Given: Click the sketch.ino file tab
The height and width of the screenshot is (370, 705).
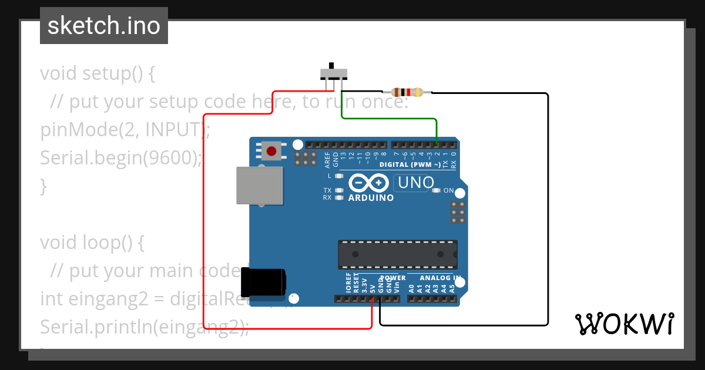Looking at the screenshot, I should [x=104, y=26].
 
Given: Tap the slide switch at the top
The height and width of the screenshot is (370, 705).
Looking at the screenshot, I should [x=333, y=74].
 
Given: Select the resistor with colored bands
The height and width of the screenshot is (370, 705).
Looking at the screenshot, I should [x=407, y=92].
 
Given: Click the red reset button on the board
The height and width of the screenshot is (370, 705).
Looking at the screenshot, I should [x=271, y=151].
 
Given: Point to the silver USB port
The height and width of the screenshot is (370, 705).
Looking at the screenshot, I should [x=258, y=185].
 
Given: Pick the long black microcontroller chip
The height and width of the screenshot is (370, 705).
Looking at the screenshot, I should [x=397, y=254].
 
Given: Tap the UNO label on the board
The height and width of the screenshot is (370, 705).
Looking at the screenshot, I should [x=416, y=183].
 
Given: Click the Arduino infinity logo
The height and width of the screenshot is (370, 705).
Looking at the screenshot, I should [x=368, y=184].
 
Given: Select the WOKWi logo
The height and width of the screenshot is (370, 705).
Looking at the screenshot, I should [x=625, y=324].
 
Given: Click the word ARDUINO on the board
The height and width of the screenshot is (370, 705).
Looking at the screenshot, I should [x=371, y=198].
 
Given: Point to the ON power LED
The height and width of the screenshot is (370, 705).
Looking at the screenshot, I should [x=436, y=190].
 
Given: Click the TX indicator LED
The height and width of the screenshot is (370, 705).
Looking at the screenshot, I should [x=339, y=190].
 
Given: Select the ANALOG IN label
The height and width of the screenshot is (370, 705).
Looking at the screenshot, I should [x=440, y=278].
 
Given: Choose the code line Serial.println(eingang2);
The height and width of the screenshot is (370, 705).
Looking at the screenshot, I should [x=145, y=327].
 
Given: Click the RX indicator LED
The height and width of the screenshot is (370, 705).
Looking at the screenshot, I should [x=339, y=197].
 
